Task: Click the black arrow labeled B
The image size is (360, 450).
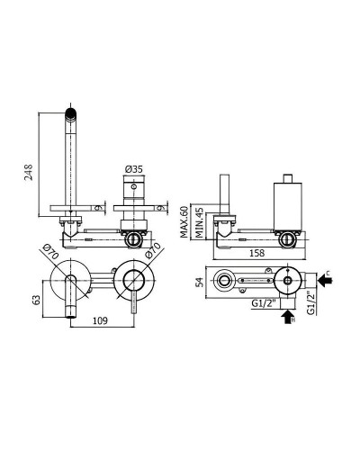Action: pos(286,317)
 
